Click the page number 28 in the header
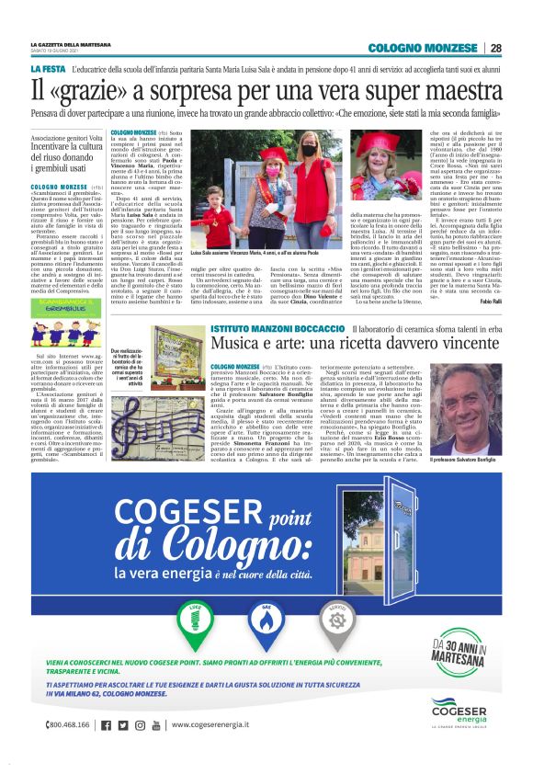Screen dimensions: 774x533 495,48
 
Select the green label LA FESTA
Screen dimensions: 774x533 47,70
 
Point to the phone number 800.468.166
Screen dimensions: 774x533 68,725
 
